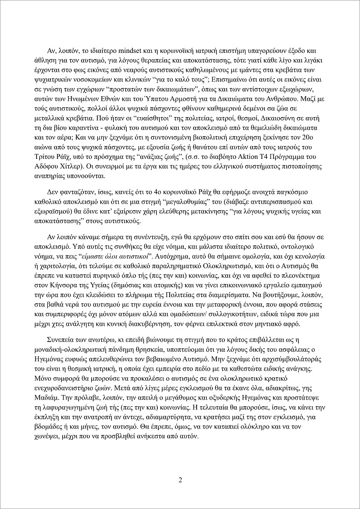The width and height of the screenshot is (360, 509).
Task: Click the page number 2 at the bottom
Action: tap(180, 480)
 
